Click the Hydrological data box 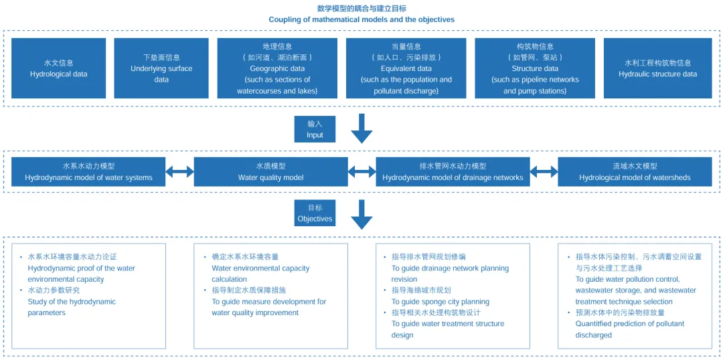(x=58, y=68)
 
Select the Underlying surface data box (x=161, y=68)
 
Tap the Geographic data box (x=277, y=68)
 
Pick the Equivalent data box (x=406, y=68)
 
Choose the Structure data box (x=534, y=68)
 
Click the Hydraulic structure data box (x=657, y=68)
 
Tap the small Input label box (x=315, y=129)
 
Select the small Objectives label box (x=315, y=213)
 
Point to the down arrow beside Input (x=361, y=128)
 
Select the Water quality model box (x=270, y=172)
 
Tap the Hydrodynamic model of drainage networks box (x=453, y=172)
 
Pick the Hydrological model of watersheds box (x=634, y=172)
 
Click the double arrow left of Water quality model (x=179, y=172)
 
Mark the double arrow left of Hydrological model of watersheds (x=544, y=172)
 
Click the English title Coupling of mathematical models (x=361, y=19)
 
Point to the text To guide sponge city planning (x=440, y=302)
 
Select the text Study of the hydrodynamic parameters (x=72, y=307)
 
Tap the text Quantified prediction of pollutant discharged (x=629, y=329)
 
